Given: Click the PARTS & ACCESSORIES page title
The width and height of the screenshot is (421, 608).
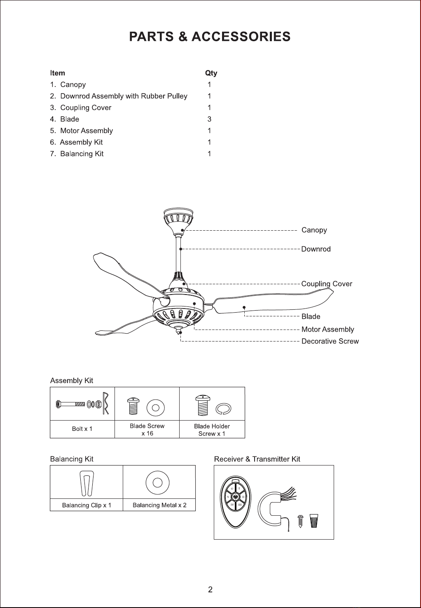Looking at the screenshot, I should point(210,37).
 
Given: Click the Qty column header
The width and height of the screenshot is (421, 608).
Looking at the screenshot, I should point(211,73).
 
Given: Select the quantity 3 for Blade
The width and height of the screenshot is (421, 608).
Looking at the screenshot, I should point(209,119).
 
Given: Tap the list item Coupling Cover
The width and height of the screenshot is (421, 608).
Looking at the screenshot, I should point(86,108).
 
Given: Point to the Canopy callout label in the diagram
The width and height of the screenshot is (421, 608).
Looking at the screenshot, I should point(314,230).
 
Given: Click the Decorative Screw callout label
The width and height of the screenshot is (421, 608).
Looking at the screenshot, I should point(330,341).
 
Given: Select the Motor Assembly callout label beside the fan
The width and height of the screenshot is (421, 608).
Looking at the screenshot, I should point(327,330).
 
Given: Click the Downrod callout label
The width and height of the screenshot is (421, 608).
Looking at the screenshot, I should point(316,249).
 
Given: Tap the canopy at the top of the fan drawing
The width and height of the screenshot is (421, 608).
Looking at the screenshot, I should point(177,218).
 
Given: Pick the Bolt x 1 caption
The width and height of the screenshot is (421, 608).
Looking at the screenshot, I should point(82,429).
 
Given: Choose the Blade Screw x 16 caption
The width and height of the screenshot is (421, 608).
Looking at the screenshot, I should point(147,430).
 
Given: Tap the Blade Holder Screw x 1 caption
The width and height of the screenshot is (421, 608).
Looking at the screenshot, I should point(212,430).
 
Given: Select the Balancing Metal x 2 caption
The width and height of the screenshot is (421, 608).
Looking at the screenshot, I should point(159,505).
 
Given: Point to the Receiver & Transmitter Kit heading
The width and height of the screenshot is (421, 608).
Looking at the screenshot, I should point(257,459).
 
